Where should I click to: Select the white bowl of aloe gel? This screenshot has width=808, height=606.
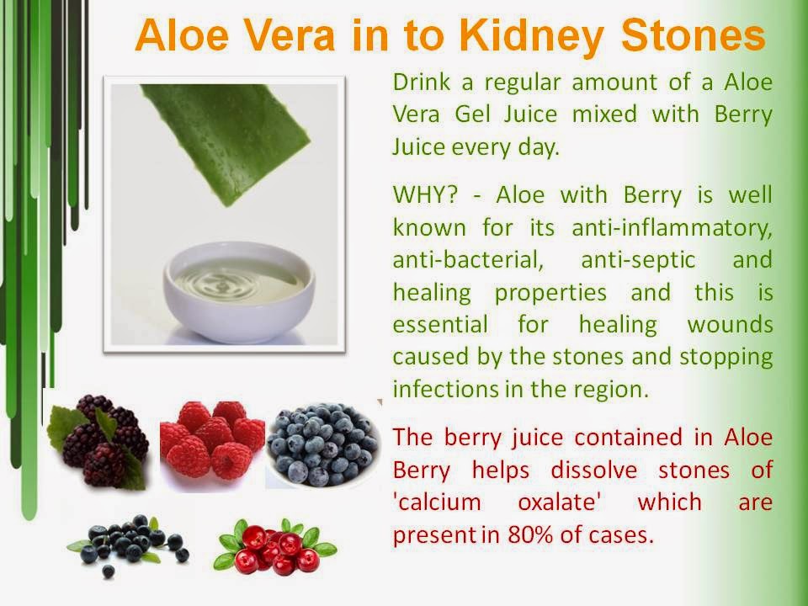(x=239, y=292)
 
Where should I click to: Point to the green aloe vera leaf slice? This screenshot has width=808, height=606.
(x=226, y=139)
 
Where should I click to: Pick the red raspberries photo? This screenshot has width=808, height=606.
(x=212, y=439)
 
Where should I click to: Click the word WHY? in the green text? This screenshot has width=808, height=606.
(x=425, y=195)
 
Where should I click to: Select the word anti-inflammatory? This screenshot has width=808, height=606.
(x=672, y=228)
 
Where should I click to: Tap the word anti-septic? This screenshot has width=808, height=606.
(x=638, y=261)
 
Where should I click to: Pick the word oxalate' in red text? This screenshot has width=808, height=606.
(x=560, y=502)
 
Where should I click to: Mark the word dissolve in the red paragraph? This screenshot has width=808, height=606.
(x=593, y=470)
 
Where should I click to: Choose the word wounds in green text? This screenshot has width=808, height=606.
(x=730, y=325)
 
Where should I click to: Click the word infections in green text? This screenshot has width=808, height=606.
(x=444, y=389)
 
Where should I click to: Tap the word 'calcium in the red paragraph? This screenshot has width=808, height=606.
(x=437, y=502)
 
